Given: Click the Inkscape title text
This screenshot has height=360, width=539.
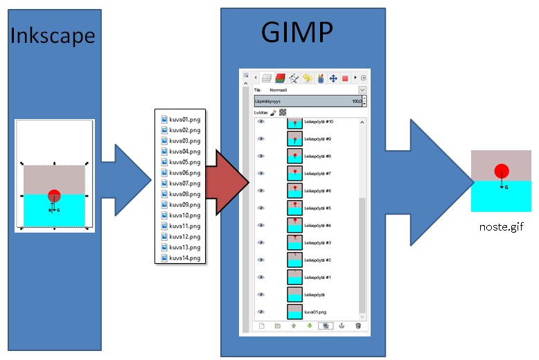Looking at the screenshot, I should [52, 36].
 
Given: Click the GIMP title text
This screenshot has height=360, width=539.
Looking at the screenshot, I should [297, 32].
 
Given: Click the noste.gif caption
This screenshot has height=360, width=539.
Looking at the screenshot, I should [501, 226].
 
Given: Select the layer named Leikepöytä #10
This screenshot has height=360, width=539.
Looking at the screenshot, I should [319, 122].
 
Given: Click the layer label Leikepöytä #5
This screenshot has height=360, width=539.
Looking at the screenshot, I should [318, 208].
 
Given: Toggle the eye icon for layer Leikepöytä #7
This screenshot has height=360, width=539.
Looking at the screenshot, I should [261, 173].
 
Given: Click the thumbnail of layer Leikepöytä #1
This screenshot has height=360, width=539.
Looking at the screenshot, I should [295, 277].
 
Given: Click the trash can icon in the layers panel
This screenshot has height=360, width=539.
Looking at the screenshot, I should [358, 325].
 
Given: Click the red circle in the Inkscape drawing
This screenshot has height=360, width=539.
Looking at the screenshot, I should [55, 196].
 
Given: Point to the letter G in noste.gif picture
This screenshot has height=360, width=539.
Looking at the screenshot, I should [506, 187].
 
